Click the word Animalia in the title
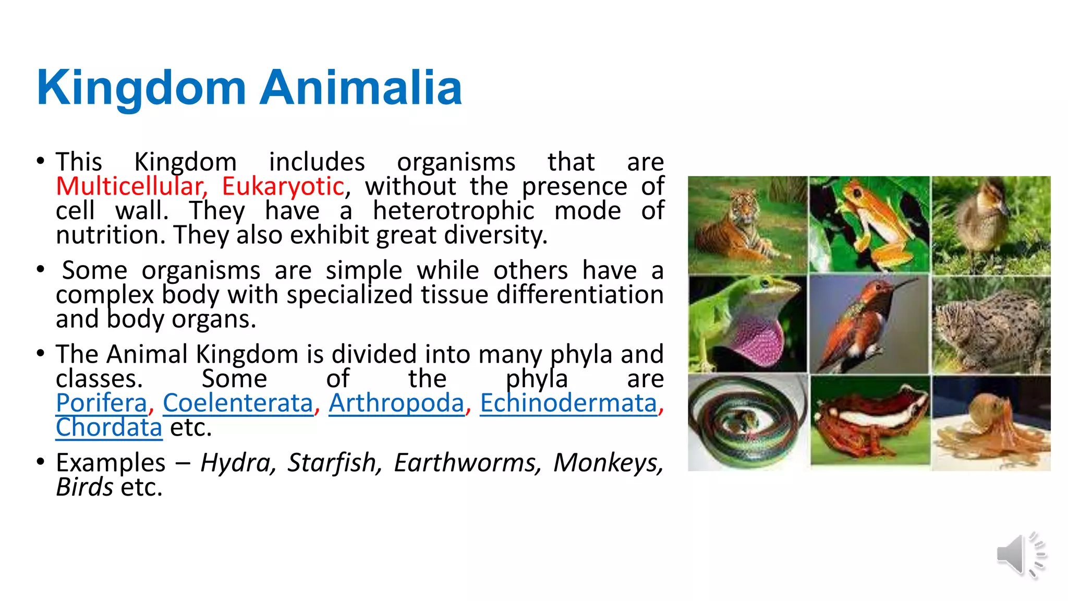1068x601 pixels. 361,88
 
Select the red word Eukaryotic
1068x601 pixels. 283,187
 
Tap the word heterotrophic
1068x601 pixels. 453,211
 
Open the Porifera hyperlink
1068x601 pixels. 102,403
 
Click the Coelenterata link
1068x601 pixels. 238,403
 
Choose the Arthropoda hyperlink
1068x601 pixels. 396,403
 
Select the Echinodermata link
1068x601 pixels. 568,403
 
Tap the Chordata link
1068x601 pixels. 109,428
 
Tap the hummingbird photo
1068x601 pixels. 869,323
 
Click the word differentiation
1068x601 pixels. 579,295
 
